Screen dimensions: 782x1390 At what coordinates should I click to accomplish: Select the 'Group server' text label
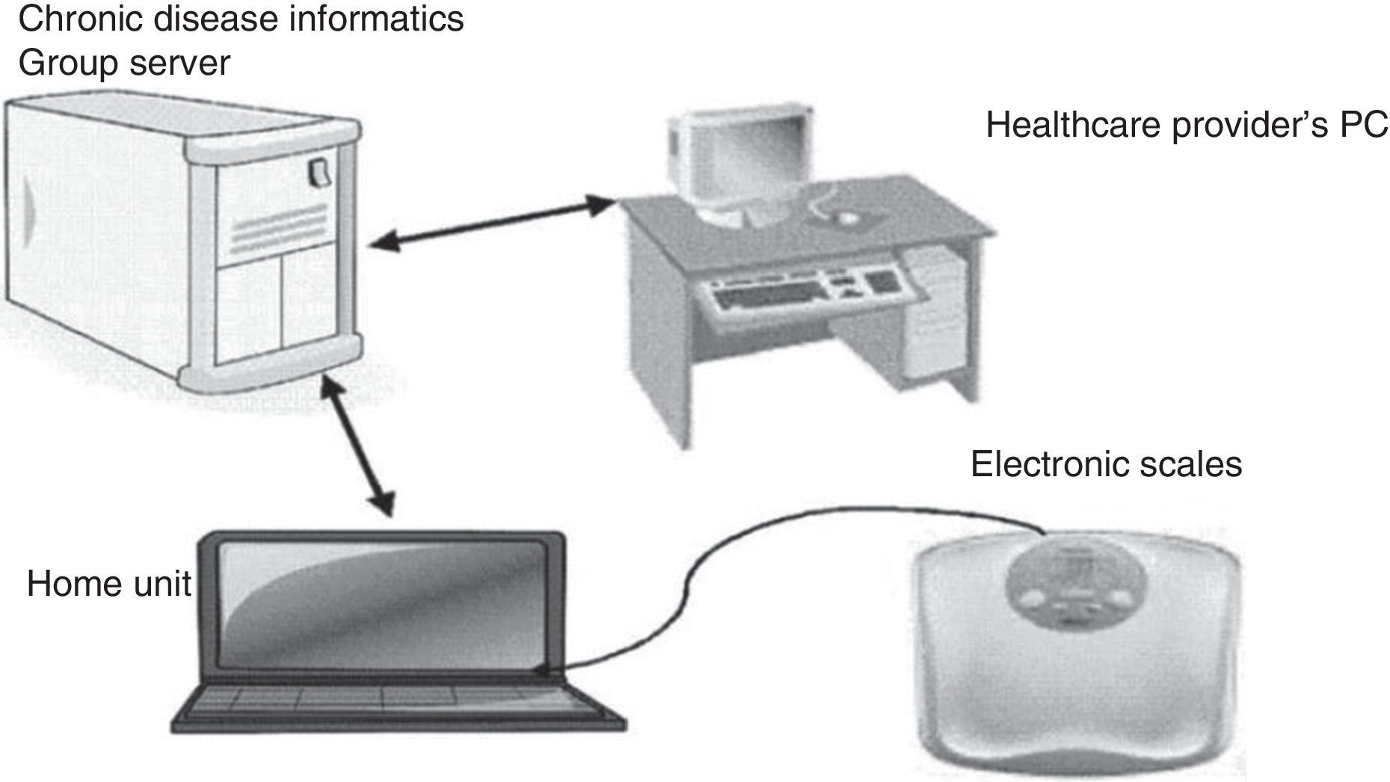123,63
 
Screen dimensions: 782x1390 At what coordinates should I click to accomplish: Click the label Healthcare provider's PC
1186,125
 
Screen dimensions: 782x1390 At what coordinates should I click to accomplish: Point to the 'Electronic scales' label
1106,464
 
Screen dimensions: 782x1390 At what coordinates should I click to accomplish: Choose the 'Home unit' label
109,584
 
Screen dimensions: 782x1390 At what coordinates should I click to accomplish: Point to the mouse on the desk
846,218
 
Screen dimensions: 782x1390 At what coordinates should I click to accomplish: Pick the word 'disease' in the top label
219,18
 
